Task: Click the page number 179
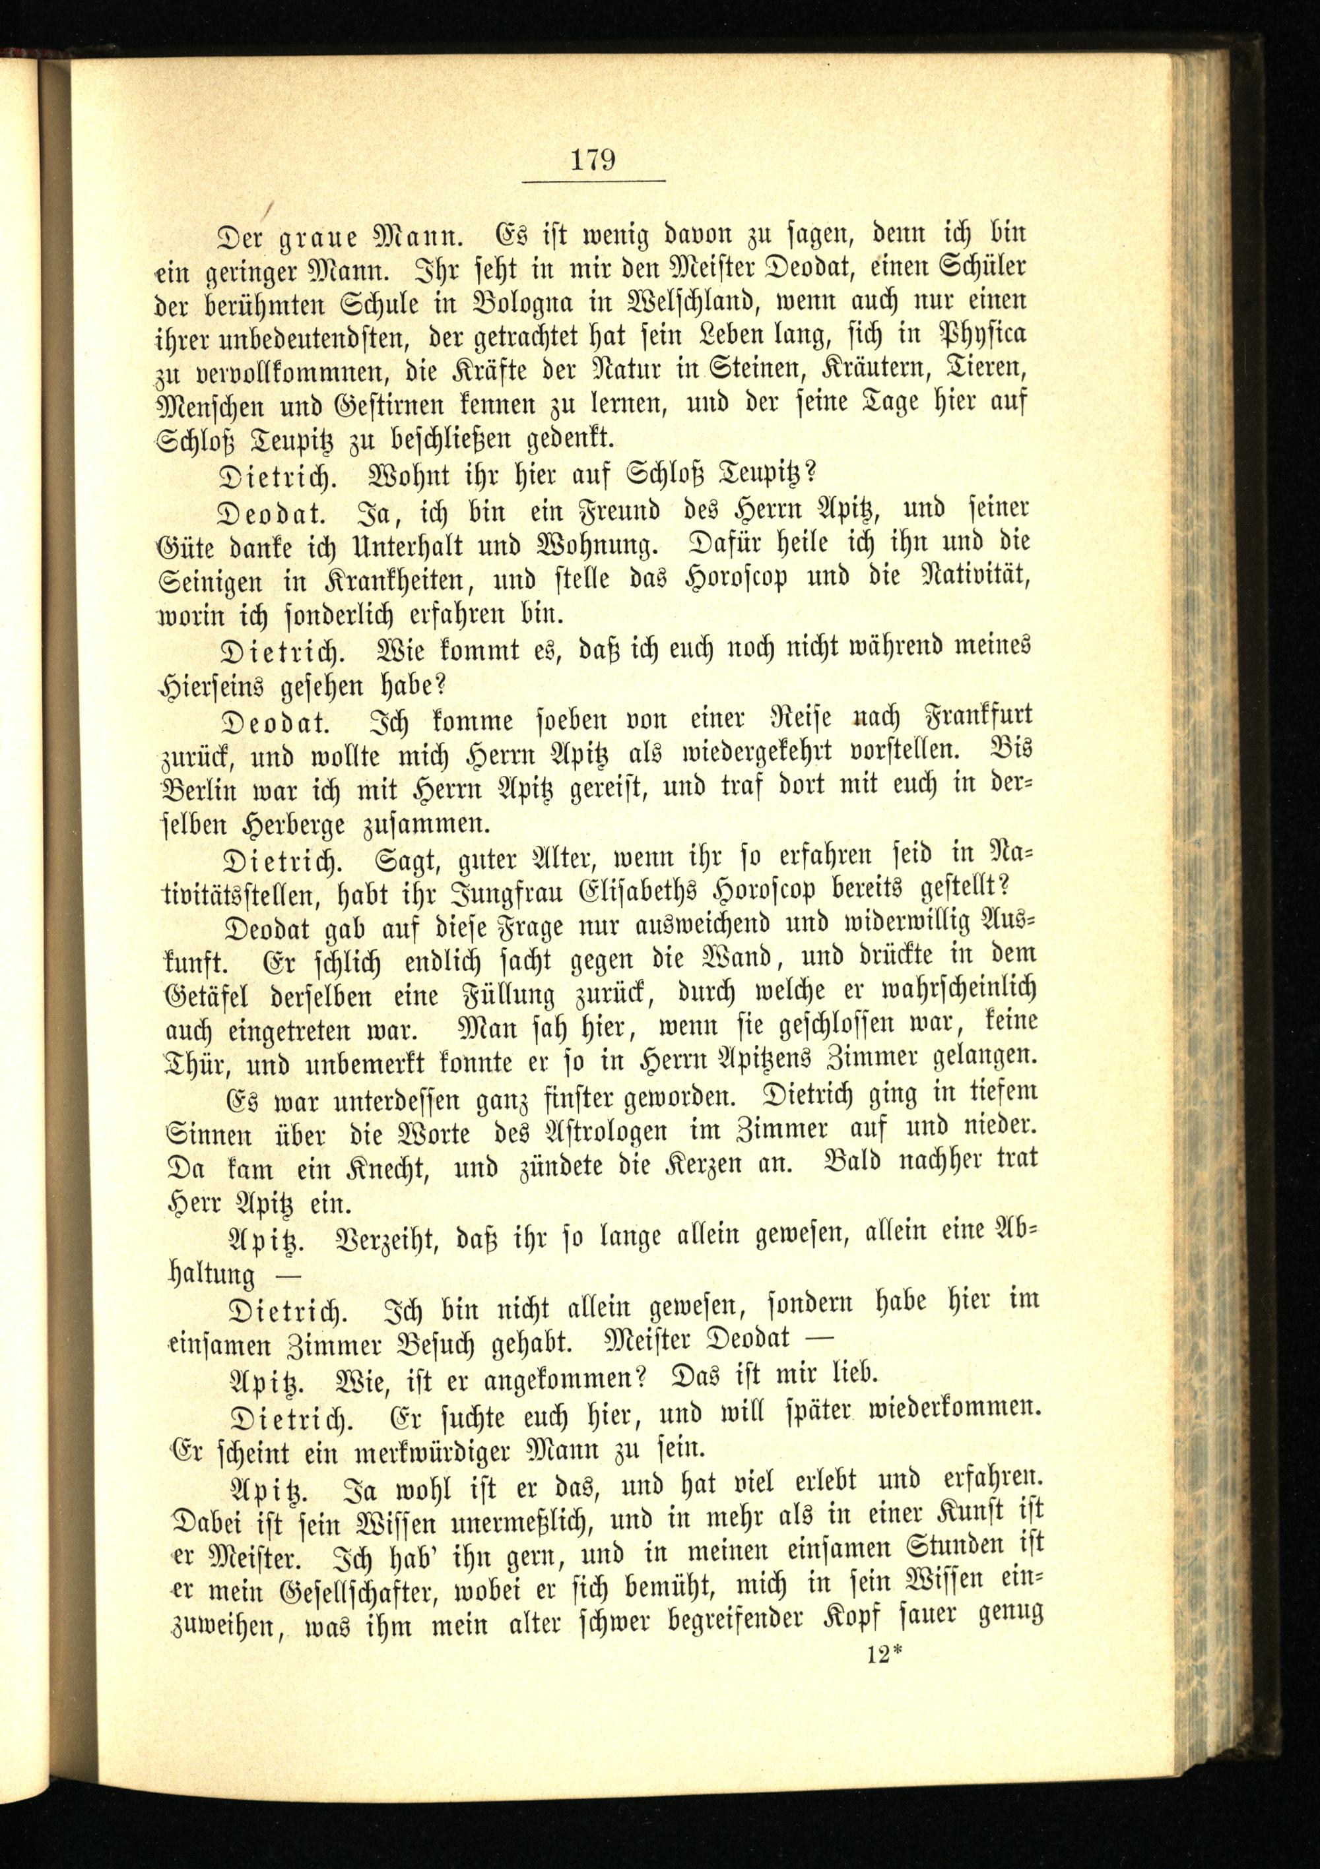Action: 592,159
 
